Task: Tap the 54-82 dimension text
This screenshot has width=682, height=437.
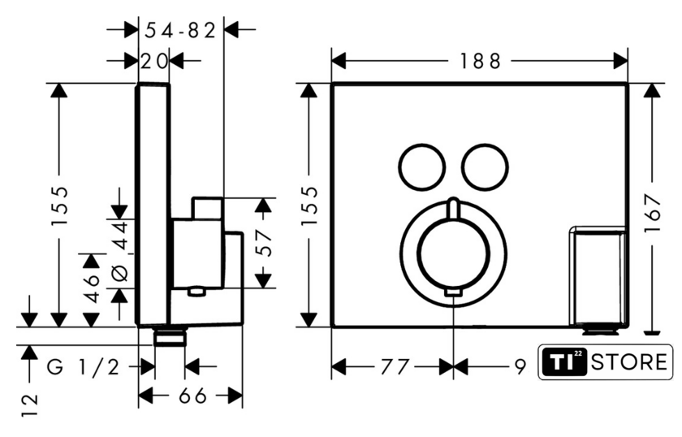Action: pos(179,31)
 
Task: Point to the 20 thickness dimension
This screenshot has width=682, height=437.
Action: pos(153,60)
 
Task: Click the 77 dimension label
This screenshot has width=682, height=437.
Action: pos(391,368)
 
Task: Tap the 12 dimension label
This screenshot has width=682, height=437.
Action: pos(30,405)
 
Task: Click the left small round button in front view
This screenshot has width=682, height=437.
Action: pos(421,167)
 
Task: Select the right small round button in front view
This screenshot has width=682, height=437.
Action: pos(486,167)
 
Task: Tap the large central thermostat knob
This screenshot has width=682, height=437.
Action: pos(454,252)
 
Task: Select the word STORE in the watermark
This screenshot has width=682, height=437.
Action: pos(628,362)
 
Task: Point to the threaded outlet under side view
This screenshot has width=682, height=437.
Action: pos(170,336)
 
